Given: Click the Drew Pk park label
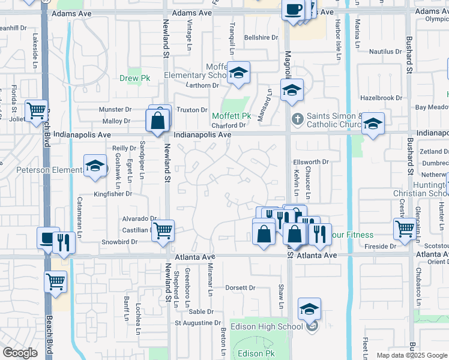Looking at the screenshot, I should (134, 78).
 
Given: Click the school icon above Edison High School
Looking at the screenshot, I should (310, 309).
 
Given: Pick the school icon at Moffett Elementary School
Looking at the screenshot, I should (239, 74).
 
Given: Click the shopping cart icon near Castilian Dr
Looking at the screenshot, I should (163, 230).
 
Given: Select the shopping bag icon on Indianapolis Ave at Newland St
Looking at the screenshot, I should (157, 121).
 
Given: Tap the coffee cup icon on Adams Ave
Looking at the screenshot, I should (293, 10).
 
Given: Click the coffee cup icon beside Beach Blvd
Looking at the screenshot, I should (47, 238).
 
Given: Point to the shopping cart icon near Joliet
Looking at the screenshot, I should (37, 110).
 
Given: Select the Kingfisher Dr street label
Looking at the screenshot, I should (112, 194).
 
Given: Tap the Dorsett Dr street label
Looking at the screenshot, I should (240, 287).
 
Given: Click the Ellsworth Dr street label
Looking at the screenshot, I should (311, 162).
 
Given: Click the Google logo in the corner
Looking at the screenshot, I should (20, 352).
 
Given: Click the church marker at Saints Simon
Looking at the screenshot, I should (296, 117).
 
